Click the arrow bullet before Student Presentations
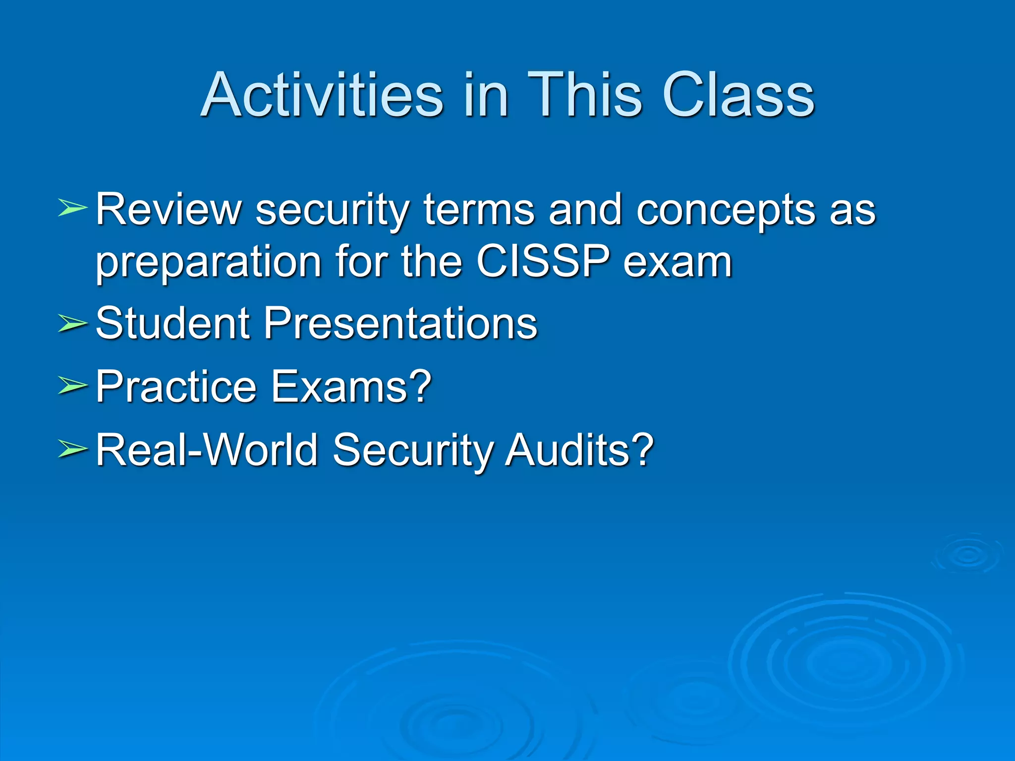(x=72, y=323)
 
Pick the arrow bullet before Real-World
(x=72, y=449)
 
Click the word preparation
(x=208, y=263)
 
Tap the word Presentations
(x=400, y=323)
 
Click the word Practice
(x=176, y=386)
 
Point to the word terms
(x=479, y=210)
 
